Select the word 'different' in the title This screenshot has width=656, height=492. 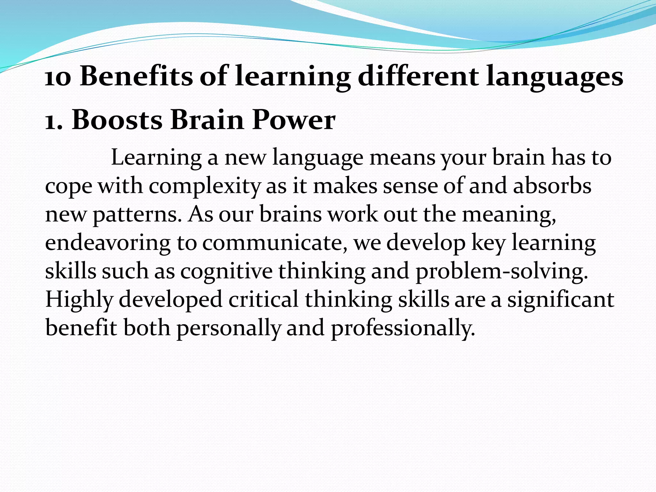coord(418,77)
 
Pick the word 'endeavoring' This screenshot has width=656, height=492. coord(108,243)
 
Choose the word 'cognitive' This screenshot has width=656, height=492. coord(226,271)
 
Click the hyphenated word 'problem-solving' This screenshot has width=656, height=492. coord(502,271)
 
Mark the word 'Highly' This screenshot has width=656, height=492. coord(79,300)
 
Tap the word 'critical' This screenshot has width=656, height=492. coord(263,299)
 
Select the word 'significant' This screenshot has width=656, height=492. coord(561,300)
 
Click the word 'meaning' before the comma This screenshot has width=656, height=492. coord(507,215)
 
